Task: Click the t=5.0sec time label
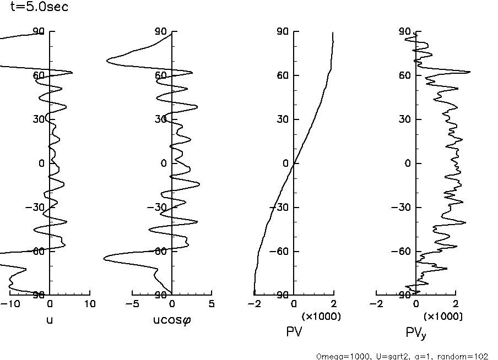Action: tap(40, 8)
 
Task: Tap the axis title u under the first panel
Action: tap(50, 320)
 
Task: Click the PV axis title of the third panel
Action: tap(294, 332)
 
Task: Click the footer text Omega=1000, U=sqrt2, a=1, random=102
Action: tap(402, 356)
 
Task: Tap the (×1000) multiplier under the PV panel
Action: tap(321, 317)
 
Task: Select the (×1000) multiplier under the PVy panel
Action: tap(442, 317)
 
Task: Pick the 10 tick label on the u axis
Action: tap(89, 304)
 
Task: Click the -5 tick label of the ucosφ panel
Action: tap(131, 304)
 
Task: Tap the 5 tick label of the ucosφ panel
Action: tap(212, 304)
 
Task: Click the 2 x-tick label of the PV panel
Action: tap(333, 304)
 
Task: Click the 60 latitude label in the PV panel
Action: tap(283, 75)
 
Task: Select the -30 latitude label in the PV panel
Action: tap(280, 208)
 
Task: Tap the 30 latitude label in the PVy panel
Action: tap(405, 119)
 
